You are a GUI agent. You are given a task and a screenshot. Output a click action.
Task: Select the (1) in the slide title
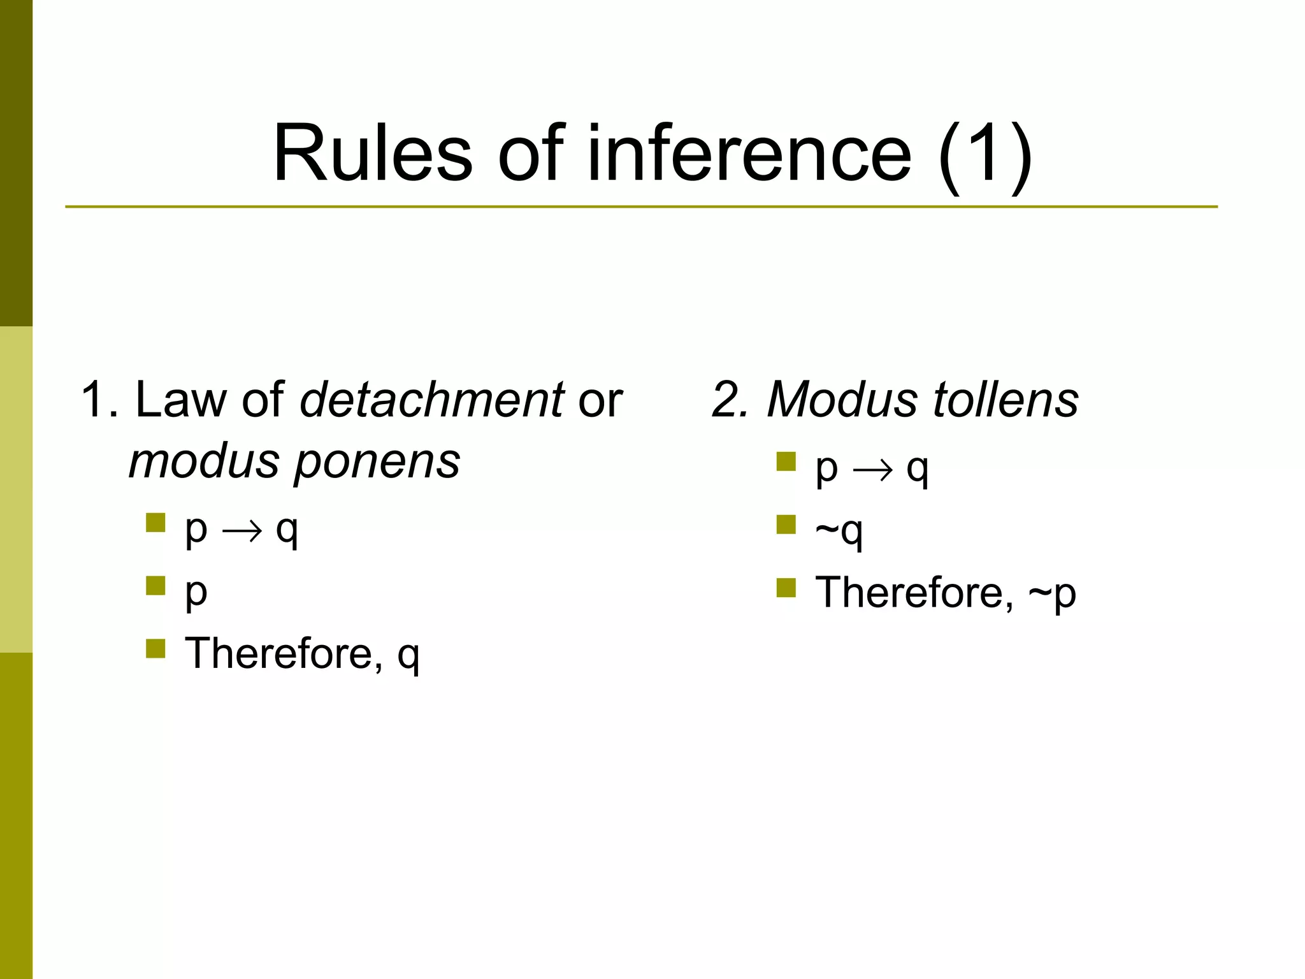pyautogui.click(x=985, y=155)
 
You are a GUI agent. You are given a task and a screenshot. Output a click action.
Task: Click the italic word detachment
pyautogui.click(x=431, y=400)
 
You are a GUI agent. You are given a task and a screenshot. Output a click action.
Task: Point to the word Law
pyautogui.click(x=180, y=400)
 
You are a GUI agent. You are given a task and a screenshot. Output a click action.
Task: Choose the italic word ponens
pyautogui.click(x=377, y=461)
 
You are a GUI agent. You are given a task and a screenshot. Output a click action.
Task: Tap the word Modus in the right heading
pyautogui.click(x=841, y=400)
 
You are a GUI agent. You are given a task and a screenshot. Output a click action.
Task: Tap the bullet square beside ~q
pyautogui.click(x=786, y=525)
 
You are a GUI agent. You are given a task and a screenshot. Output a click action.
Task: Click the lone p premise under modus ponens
pyautogui.click(x=196, y=593)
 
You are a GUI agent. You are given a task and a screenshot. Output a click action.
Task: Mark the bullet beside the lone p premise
pyautogui.click(x=155, y=586)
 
